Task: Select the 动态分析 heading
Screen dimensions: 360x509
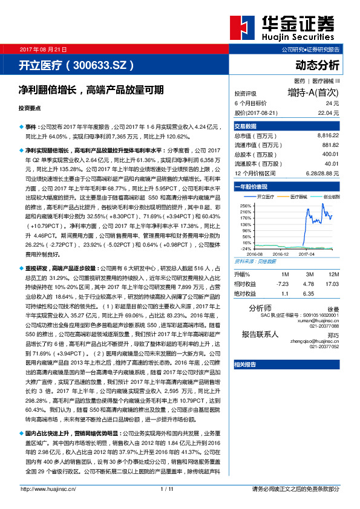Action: point(317,65)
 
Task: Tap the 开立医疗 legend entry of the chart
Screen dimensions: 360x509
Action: point(265,197)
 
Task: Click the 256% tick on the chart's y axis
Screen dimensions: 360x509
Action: point(246,206)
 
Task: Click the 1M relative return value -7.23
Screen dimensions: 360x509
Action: point(282,283)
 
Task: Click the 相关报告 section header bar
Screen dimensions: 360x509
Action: point(287,364)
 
